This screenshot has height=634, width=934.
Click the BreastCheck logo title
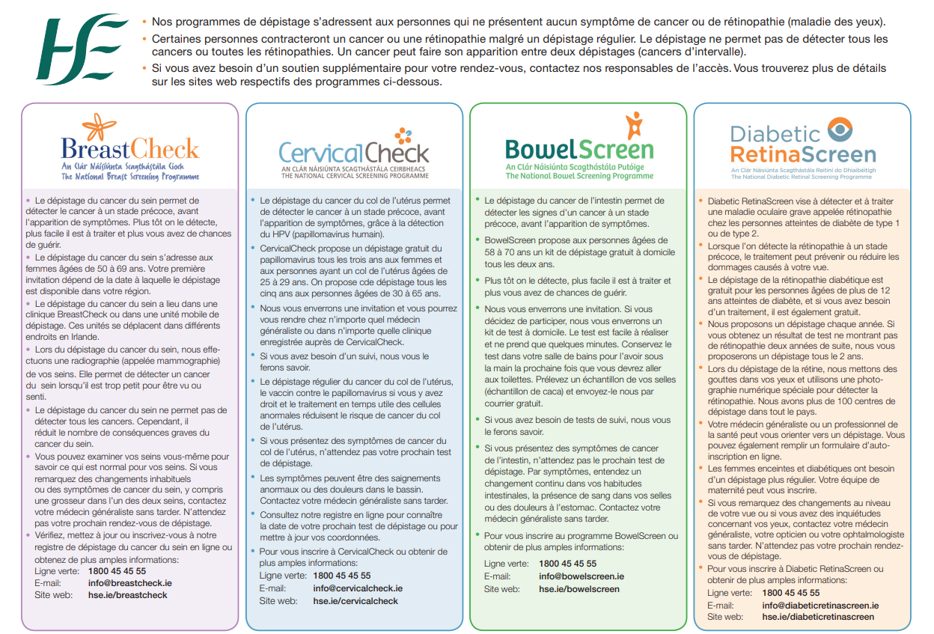(x=129, y=148)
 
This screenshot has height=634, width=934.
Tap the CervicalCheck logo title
(x=353, y=152)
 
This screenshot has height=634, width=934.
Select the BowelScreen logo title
(x=579, y=149)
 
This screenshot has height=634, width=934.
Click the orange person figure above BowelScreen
(x=635, y=124)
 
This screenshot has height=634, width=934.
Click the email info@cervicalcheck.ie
(x=358, y=588)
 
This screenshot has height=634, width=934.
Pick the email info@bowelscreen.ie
(x=582, y=576)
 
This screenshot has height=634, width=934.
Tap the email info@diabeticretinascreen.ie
(x=820, y=605)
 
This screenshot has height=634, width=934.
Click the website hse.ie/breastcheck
(x=128, y=595)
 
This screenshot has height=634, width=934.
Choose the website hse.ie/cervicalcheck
(x=355, y=600)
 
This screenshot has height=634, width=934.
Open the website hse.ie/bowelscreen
(x=579, y=589)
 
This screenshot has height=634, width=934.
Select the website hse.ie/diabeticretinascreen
(x=818, y=617)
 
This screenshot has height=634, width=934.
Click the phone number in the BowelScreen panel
(x=567, y=564)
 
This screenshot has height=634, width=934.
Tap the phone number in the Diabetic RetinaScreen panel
(x=790, y=593)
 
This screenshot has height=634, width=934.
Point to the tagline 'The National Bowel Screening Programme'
(x=579, y=176)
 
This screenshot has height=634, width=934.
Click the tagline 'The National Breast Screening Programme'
(x=130, y=177)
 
